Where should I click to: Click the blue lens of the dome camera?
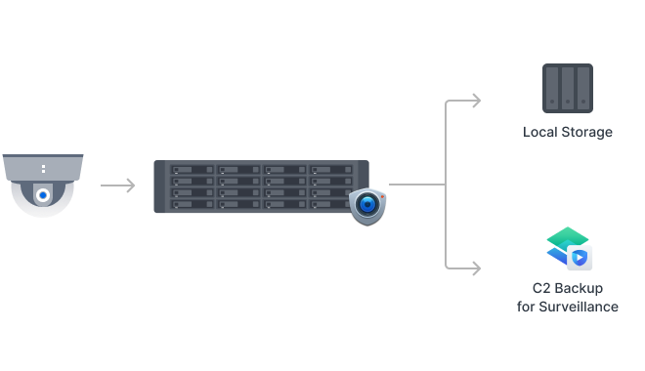tap(43, 195)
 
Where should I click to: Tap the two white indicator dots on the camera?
tap(43, 169)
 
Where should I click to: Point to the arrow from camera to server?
tap(118, 185)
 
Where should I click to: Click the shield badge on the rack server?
tap(367, 205)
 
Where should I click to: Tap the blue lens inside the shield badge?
tap(367, 205)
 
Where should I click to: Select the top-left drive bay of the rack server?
tap(193, 171)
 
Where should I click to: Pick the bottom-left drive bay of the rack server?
tap(193, 203)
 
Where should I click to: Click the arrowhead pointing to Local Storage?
tap(476, 100)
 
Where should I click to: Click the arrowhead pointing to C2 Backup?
tap(476, 267)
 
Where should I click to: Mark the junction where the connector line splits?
tap(446, 184)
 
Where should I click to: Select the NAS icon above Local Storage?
tap(568, 87)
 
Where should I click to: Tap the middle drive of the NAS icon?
tap(568, 87)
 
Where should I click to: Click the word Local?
tap(541, 132)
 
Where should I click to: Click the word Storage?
tap(587, 132)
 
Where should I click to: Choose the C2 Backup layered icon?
tap(568, 248)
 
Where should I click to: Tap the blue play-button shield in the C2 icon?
tap(580, 257)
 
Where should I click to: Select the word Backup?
tap(580, 289)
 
